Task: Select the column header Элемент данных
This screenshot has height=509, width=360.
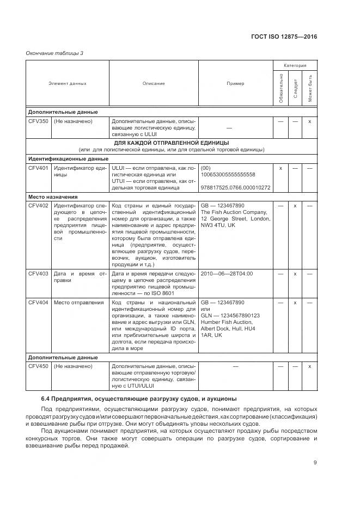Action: [68, 83]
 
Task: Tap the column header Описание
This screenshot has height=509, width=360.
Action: [154, 83]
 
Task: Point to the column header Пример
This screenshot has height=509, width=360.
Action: [235, 83]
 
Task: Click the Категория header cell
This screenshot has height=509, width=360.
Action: [295, 65]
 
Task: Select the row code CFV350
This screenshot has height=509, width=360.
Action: [38, 121]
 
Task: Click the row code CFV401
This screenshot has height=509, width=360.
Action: [38, 168]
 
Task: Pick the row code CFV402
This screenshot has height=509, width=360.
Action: [38, 205]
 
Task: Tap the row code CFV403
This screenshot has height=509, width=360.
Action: [38, 273]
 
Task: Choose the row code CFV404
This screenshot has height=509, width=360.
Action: [38, 302]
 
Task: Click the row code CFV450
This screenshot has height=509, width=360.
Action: [38, 366]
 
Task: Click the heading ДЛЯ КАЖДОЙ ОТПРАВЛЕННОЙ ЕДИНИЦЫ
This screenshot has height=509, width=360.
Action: [172, 143]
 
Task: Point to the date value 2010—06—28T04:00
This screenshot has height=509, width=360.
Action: [227, 273]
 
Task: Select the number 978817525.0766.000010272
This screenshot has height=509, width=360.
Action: [236, 188]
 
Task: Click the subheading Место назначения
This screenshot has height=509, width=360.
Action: [53, 196]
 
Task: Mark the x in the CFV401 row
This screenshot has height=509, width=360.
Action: [280, 168]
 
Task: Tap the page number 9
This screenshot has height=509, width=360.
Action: [315, 463]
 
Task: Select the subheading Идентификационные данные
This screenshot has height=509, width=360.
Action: [68, 159]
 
